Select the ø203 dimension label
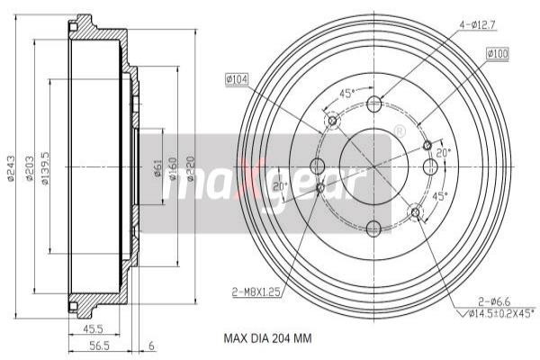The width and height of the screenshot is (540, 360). click(30, 171)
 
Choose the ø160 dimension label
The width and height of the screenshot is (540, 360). click(173, 169)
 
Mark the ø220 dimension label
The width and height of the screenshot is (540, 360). click(190, 167)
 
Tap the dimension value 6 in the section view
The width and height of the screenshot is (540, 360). click(150, 344)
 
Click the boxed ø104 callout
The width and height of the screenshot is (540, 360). click(238, 80)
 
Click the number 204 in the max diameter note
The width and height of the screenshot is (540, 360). click(279, 339)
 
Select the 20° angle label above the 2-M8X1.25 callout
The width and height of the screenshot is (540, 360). click(279, 186)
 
